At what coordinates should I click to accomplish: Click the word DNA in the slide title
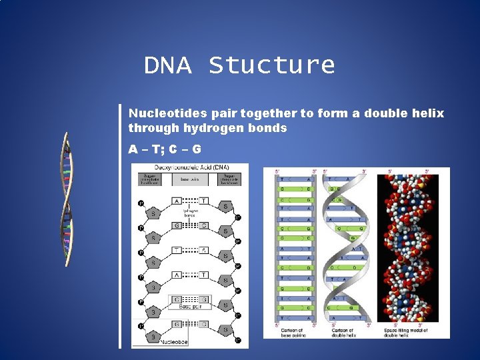pos(167,65)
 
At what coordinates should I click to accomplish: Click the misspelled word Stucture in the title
pos(271,65)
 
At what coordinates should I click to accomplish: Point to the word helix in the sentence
pos(427,113)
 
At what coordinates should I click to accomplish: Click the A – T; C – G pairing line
pos(165,149)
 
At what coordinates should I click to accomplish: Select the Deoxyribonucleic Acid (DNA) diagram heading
pos(190,167)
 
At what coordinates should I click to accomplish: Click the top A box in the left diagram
pos(177,200)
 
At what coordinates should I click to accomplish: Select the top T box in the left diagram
pos(203,200)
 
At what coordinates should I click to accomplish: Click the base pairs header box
pos(190,179)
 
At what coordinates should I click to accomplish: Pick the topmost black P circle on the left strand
pos(141,203)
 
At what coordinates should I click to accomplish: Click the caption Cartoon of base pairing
pos(291,332)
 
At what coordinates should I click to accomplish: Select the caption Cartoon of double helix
pos(344,332)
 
